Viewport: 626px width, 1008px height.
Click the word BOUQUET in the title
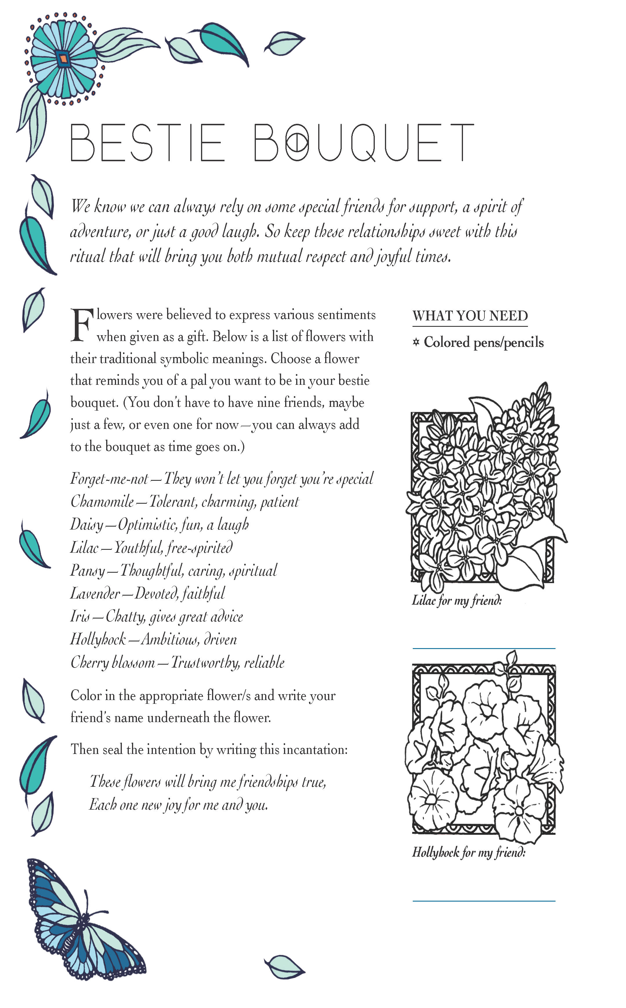pos(363,142)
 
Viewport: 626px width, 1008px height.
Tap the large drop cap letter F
pos(81,325)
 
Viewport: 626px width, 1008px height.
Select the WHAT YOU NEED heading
pos(470,316)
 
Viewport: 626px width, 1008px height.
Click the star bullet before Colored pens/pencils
pos(416,342)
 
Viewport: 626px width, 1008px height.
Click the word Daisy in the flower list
pos(86,525)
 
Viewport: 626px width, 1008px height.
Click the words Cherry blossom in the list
pos(113,663)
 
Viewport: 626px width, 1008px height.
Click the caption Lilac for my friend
pos(457,600)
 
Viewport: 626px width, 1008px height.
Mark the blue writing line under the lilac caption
pos(484,648)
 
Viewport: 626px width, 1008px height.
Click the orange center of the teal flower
pos(63,58)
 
